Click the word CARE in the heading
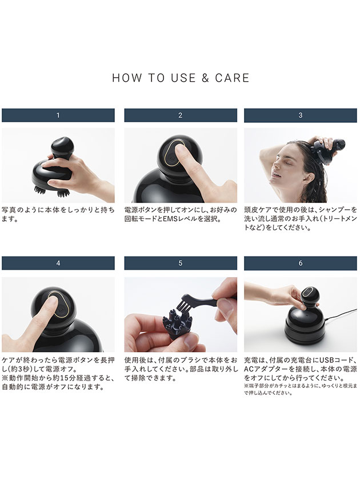point(233,78)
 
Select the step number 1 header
point(58,115)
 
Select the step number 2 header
point(180,115)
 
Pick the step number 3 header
point(301,115)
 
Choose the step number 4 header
point(58,263)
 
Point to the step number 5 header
point(180,263)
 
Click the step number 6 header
point(301,263)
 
